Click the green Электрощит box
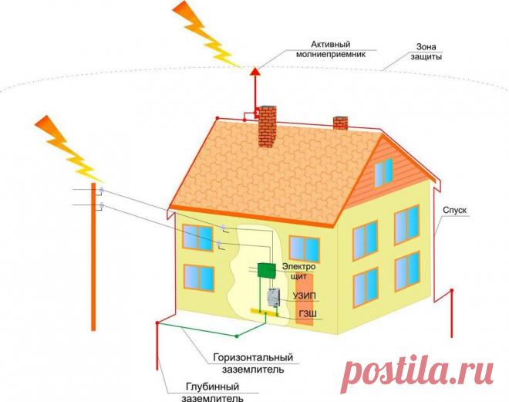point(267,270)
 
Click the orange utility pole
point(95,270)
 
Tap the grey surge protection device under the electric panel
point(272,296)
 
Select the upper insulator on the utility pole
point(101,190)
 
